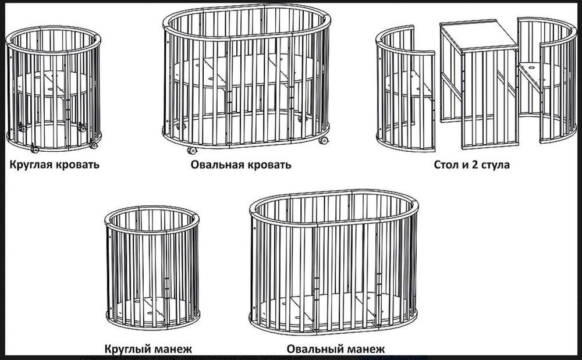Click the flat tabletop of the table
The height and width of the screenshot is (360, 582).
(478, 36)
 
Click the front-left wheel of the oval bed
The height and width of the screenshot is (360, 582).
(191, 150)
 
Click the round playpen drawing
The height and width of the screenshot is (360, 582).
(152, 268)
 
